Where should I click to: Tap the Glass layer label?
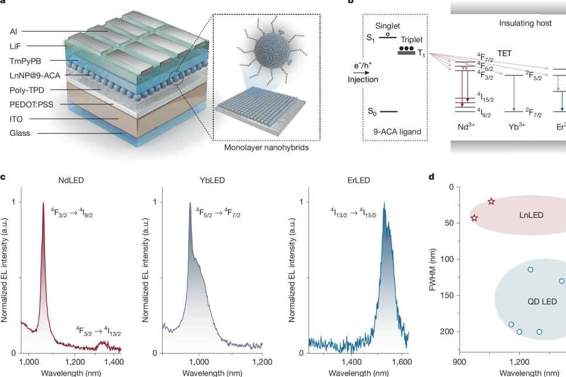20,133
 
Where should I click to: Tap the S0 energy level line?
389,111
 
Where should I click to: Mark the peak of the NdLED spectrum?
43,203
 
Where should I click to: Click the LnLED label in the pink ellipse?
531,215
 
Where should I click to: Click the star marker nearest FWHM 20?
492,201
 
